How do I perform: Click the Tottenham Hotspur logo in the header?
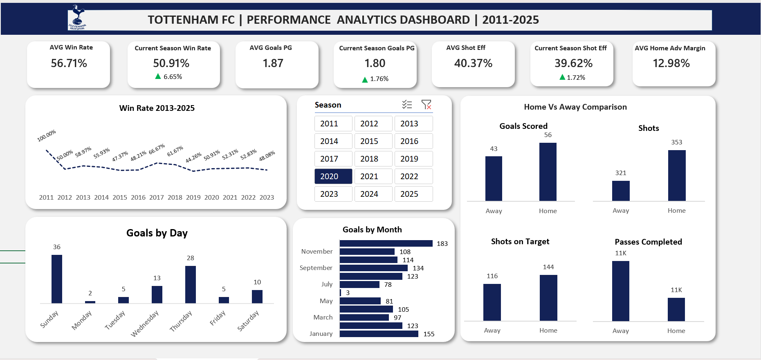(x=77, y=18)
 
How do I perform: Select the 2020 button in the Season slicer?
(x=333, y=176)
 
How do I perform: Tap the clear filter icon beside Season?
(x=426, y=105)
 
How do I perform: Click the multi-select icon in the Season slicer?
(x=407, y=105)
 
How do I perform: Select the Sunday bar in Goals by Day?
(x=57, y=279)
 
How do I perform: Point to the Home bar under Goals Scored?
(x=548, y=172)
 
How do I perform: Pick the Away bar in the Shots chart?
(x=621, y=191)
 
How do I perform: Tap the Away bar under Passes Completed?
(x=620, y=291)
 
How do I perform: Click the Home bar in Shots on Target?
(x=548, y=298)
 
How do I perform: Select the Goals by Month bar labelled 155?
(x=379, y=334)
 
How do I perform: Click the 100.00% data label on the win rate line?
(x=47, y=136)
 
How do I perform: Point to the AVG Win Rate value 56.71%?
(x=69, y=63)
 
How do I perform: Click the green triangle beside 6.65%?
(x=158, y=76)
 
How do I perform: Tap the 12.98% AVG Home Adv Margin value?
(x=671, y=63)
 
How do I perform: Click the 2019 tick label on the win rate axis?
(x=193, y=197)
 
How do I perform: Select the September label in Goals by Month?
(x=316, y=268)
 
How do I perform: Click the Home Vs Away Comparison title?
(x=575, y=107)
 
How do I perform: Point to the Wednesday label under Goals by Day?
(x=144, y=324)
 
